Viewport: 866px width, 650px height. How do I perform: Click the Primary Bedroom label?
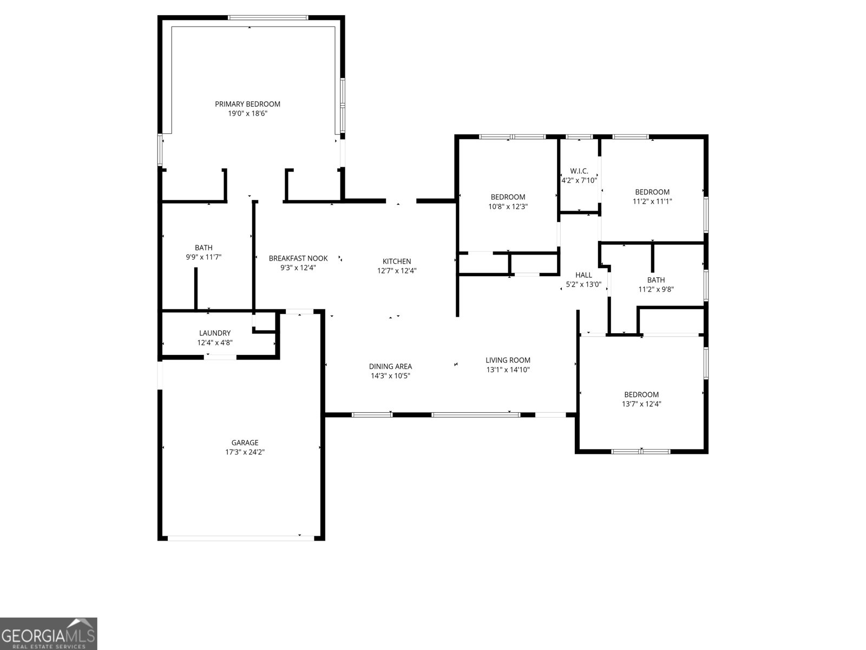click(247, 104)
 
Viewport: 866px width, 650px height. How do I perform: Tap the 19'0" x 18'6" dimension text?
click(247, 114)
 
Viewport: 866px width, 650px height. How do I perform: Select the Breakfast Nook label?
click(298, 258)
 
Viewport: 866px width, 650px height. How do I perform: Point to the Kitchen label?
click(397, 261)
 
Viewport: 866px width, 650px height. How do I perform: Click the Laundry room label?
click(215, 333)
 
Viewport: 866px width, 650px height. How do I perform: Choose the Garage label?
click(245, 443)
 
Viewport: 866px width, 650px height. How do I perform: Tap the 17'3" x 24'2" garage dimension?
click(245, 452)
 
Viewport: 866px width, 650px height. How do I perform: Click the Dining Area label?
click(390, 367)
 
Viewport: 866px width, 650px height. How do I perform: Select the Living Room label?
click(508, 360)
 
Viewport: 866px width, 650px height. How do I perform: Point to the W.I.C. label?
click(579, 171)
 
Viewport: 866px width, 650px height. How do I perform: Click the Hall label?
click(583, 275)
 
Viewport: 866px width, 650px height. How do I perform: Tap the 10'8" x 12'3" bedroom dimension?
click(508, 206)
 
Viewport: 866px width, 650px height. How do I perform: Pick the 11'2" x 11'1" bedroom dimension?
click(652, 201)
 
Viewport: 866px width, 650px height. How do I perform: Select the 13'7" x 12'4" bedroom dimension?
click(641, 404)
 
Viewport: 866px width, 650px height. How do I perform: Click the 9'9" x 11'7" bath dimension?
click(204, 257)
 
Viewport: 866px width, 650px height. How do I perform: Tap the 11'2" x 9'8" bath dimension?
click(655, 289)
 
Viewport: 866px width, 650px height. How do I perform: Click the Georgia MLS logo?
click(49, 634)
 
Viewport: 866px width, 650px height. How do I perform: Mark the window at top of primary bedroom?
click(268, 18)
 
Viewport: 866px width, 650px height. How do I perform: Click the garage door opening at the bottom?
click(241, 538)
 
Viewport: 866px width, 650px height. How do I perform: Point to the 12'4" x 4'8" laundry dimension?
click(215, 342)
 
